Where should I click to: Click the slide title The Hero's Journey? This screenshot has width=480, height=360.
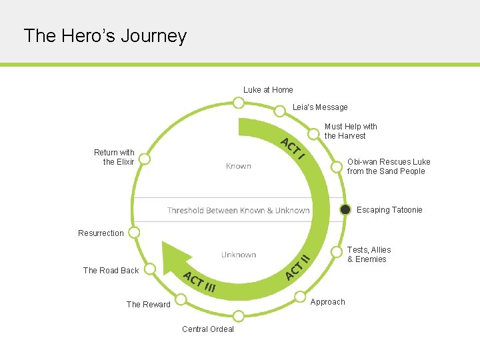(x=105, y=35)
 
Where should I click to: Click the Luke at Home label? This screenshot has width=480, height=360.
(x=268, y=90)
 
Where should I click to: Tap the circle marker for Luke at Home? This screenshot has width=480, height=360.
(x=238, y=103)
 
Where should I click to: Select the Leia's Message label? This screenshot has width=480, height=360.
(x=320, y=107)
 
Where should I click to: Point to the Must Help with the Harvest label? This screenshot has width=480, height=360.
(x=351, y=131)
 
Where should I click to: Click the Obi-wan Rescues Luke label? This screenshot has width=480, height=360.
(x=389, y=167)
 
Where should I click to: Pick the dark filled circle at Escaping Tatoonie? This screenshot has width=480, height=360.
(x=345, y=209)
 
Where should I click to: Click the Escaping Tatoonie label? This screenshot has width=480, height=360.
(x=389, y=210)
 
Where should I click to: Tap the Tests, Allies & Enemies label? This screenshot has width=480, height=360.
(x=369, y=255)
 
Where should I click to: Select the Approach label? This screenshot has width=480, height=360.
(x=328, y=302)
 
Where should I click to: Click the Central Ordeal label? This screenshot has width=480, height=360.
(x=208, y=329)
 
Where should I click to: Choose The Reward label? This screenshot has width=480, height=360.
(x=149, y=305)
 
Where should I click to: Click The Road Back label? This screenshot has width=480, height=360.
(x=111, y=271)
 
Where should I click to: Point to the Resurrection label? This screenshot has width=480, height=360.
(x=101, y=233)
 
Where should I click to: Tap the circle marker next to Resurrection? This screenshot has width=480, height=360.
(x=134, y=232)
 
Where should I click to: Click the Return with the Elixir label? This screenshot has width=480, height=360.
(x=114, y=157)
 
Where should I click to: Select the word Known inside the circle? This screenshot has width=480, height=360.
(x=238, y=166)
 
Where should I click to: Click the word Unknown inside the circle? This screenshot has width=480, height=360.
(x=239, y=255)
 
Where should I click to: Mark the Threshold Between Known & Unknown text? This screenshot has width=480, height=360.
(x=238, y=211)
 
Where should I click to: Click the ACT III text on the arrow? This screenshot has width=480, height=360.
(x=199, y=283)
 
